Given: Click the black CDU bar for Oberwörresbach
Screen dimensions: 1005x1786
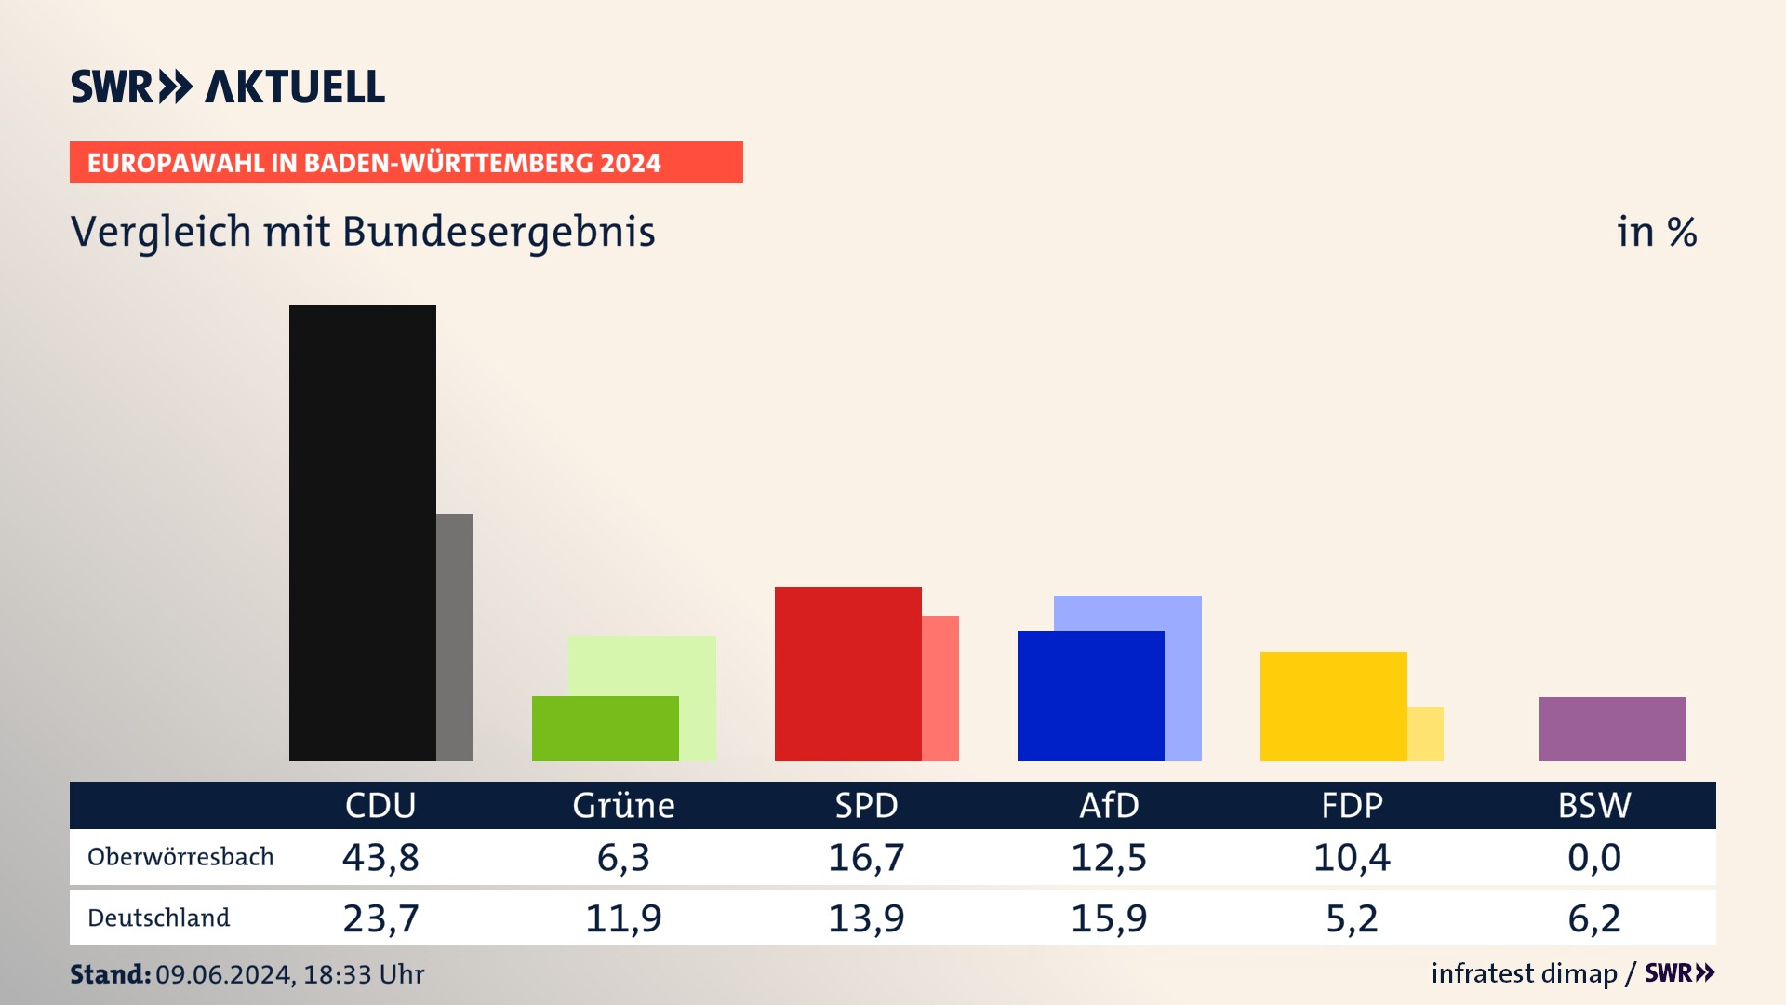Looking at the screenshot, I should (362, 532).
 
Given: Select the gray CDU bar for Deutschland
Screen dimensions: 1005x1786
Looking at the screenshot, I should (455, 637).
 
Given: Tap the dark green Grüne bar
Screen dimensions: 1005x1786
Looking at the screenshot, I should (605, 729).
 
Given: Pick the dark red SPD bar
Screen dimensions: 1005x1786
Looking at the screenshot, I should (847, 674).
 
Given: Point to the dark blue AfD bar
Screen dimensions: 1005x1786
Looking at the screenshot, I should (1090, 696).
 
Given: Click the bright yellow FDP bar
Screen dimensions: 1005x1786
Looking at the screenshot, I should (1333, 706).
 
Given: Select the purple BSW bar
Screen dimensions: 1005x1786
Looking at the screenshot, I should (1612, 729).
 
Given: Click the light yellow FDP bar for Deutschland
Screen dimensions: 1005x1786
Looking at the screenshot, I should (1425, 734).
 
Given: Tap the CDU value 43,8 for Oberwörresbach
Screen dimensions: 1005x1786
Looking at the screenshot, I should (380, 857).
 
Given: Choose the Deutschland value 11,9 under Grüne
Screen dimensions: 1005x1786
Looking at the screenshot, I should (623, 918).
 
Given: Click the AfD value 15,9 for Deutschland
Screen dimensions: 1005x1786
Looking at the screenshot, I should (1109, 918).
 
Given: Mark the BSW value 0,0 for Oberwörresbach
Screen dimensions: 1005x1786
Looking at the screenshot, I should (1594, 857).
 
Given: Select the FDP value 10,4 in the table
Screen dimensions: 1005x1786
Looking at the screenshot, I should (1352, 857).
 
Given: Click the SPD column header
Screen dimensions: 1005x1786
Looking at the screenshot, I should (866, 805).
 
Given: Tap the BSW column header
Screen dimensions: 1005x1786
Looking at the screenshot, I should (1594, 805).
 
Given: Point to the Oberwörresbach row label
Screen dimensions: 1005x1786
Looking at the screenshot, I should (180, 857).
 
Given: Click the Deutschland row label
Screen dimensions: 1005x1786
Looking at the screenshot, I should (158, 918).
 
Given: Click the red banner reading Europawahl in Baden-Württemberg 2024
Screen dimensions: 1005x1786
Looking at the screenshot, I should (406, 163).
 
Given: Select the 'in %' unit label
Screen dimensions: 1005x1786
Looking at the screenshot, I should (1656, 232).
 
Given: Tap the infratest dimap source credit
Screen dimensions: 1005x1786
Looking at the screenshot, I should (1524, 973).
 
